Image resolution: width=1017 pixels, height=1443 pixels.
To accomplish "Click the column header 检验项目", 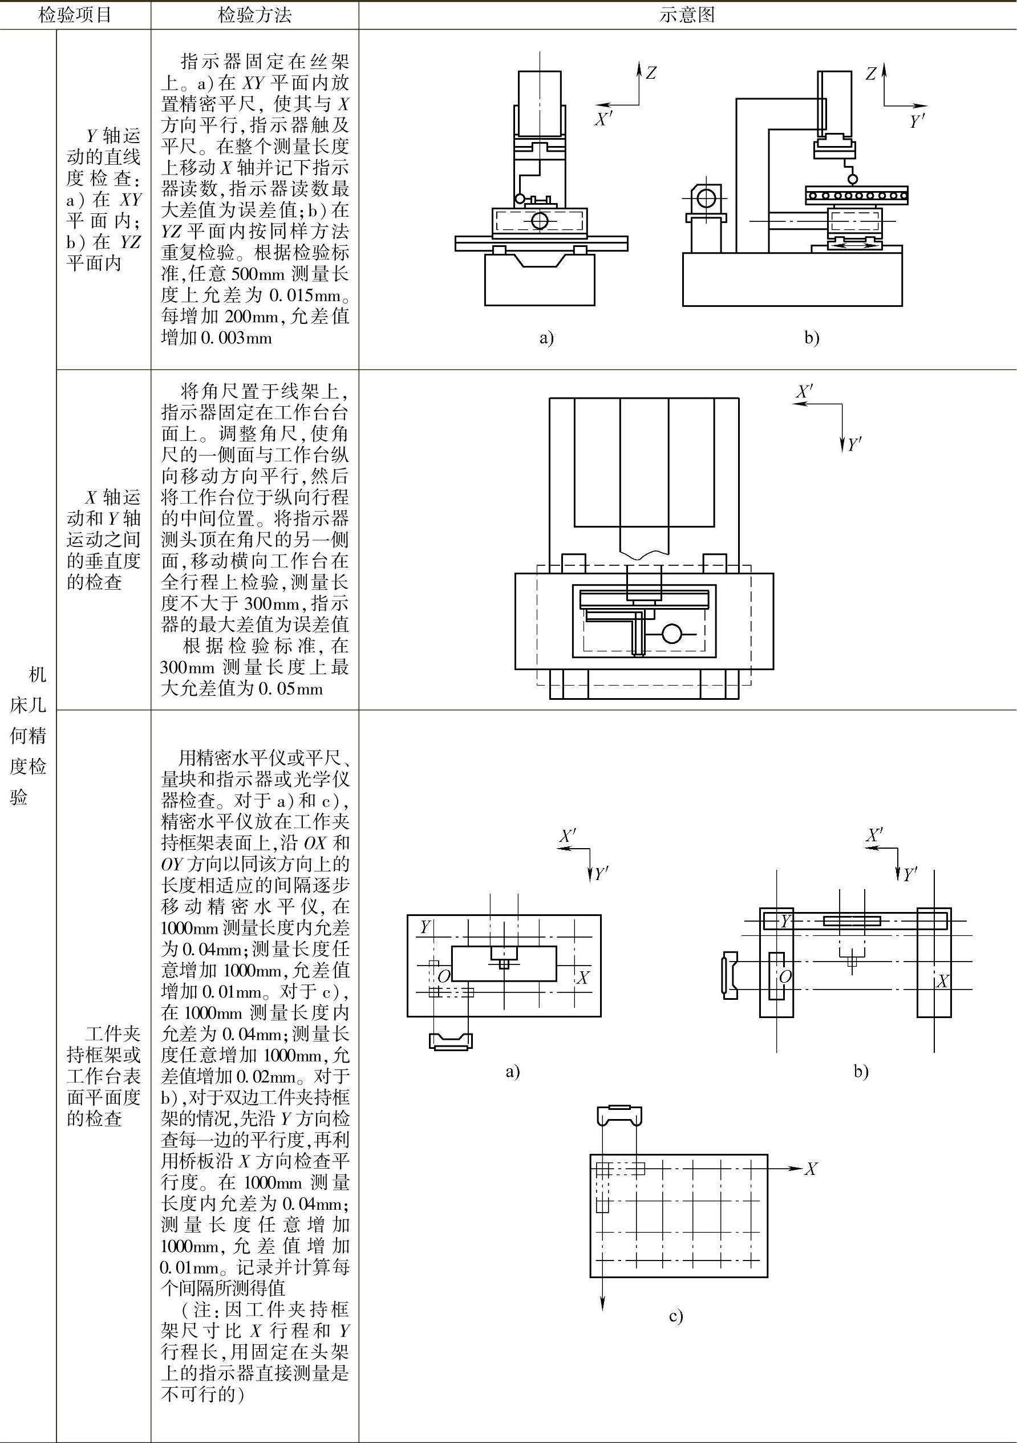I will [75, 15].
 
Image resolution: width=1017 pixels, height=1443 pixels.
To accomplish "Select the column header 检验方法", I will [254, 15].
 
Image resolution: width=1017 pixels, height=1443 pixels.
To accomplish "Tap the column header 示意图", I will [687, 15].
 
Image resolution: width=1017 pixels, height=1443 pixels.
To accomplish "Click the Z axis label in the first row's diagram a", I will [651, 73].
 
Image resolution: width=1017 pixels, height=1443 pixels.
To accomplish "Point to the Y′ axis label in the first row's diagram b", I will [917, 121].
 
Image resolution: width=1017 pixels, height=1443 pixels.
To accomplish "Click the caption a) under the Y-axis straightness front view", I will [546, 338].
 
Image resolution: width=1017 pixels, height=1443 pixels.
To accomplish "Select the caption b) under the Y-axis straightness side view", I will [812, 338].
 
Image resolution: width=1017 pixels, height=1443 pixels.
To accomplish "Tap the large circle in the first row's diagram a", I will [539, 221].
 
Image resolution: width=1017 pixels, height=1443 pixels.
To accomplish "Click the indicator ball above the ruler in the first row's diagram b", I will [853, 179].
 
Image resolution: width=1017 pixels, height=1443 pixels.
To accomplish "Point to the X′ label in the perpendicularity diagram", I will [804, 391].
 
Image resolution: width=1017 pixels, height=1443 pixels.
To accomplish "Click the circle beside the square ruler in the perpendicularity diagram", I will [672, 634].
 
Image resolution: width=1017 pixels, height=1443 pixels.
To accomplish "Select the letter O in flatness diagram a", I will [444, 976].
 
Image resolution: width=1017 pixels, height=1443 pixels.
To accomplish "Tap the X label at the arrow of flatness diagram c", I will [811, 1169].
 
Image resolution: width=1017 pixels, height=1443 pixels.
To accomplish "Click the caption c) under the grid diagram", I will [676, 1316].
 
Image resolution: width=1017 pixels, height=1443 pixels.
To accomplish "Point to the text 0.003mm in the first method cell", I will [236, 338].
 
